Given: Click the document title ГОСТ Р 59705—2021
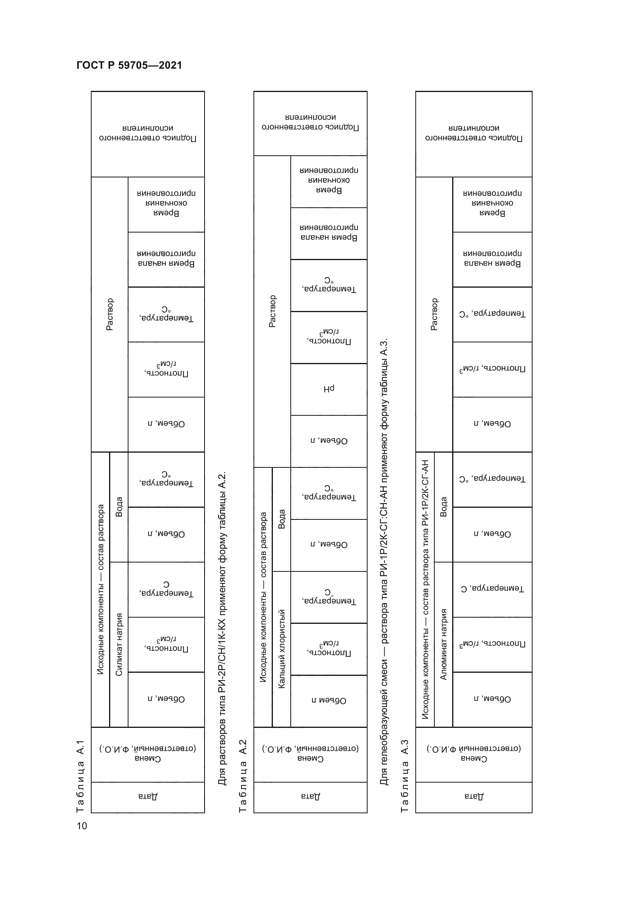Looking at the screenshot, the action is [x=129, y=65].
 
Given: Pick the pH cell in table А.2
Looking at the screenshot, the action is [x=328, y=389].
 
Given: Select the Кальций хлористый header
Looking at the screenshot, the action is [x=281, y=649].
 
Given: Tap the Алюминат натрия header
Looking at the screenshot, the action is [x=444, y=644].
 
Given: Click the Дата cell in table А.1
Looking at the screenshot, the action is [x=147, y=796].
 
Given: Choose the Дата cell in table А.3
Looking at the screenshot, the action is [x=474, y=796].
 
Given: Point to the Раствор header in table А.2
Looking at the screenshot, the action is [x=272, y=311].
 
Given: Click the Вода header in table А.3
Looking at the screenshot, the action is [x=444, y=507].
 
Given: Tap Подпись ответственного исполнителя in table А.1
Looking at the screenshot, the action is [x=147, y=133].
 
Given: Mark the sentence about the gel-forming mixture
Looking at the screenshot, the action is [x=384, y=562].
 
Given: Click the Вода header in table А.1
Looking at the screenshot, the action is [x=119, y=507].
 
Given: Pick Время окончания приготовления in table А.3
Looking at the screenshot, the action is [x=492, y=203].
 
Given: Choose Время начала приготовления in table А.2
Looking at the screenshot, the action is [x=328, y=233].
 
